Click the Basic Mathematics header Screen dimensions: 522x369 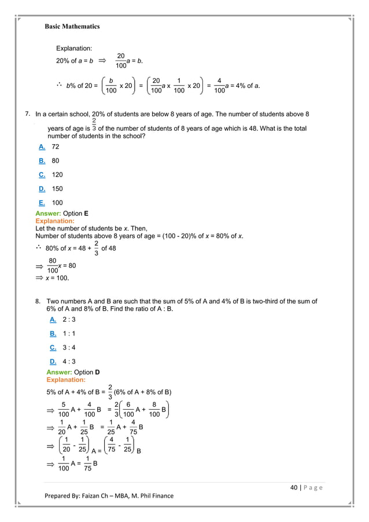pos(72,26)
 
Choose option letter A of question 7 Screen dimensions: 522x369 pos(42,147)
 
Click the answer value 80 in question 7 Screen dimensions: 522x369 pos(56,161)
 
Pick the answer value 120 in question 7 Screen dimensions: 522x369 pos(58,175)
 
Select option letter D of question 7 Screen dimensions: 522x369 pos(42,189)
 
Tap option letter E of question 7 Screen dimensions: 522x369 pos(42,203)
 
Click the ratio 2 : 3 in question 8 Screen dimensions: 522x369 pos(69,319)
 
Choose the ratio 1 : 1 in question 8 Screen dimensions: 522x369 pos(69,333)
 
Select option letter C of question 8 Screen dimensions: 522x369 pos(53,347)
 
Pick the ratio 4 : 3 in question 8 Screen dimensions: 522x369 pos(69,361)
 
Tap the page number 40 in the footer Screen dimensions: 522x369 pos(294,487)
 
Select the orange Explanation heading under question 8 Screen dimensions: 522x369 pos(65,380)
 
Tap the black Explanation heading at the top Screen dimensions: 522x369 pos(74,48)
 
